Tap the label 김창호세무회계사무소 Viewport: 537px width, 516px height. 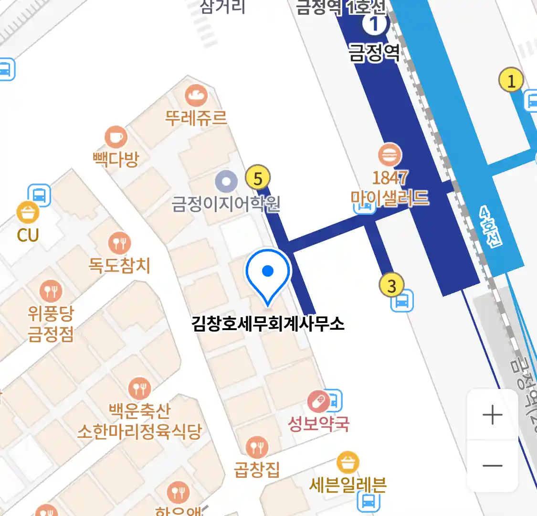(268, 323)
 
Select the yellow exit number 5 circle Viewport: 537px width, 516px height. (258, 178)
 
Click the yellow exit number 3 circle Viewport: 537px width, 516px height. (391, 286)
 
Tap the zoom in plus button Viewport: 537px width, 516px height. (492, 415)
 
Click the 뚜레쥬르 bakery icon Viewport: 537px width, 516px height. (196, 96)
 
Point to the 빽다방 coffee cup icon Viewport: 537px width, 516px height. (116, 138)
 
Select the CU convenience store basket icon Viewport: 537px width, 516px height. (28, 213)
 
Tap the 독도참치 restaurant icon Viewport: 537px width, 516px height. (119, 243)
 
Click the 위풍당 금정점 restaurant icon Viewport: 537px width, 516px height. (51, 290)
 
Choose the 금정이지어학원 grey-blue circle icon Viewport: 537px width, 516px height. (226, 182)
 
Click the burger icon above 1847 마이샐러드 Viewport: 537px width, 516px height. (390, 155)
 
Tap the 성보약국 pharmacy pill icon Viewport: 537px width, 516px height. (318, 401)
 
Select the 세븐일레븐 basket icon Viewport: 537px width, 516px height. (348, 462)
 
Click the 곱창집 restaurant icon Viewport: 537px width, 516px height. (257, 448)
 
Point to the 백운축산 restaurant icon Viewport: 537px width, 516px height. (140, 388)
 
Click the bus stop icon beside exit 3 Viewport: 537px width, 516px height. (402, 301)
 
